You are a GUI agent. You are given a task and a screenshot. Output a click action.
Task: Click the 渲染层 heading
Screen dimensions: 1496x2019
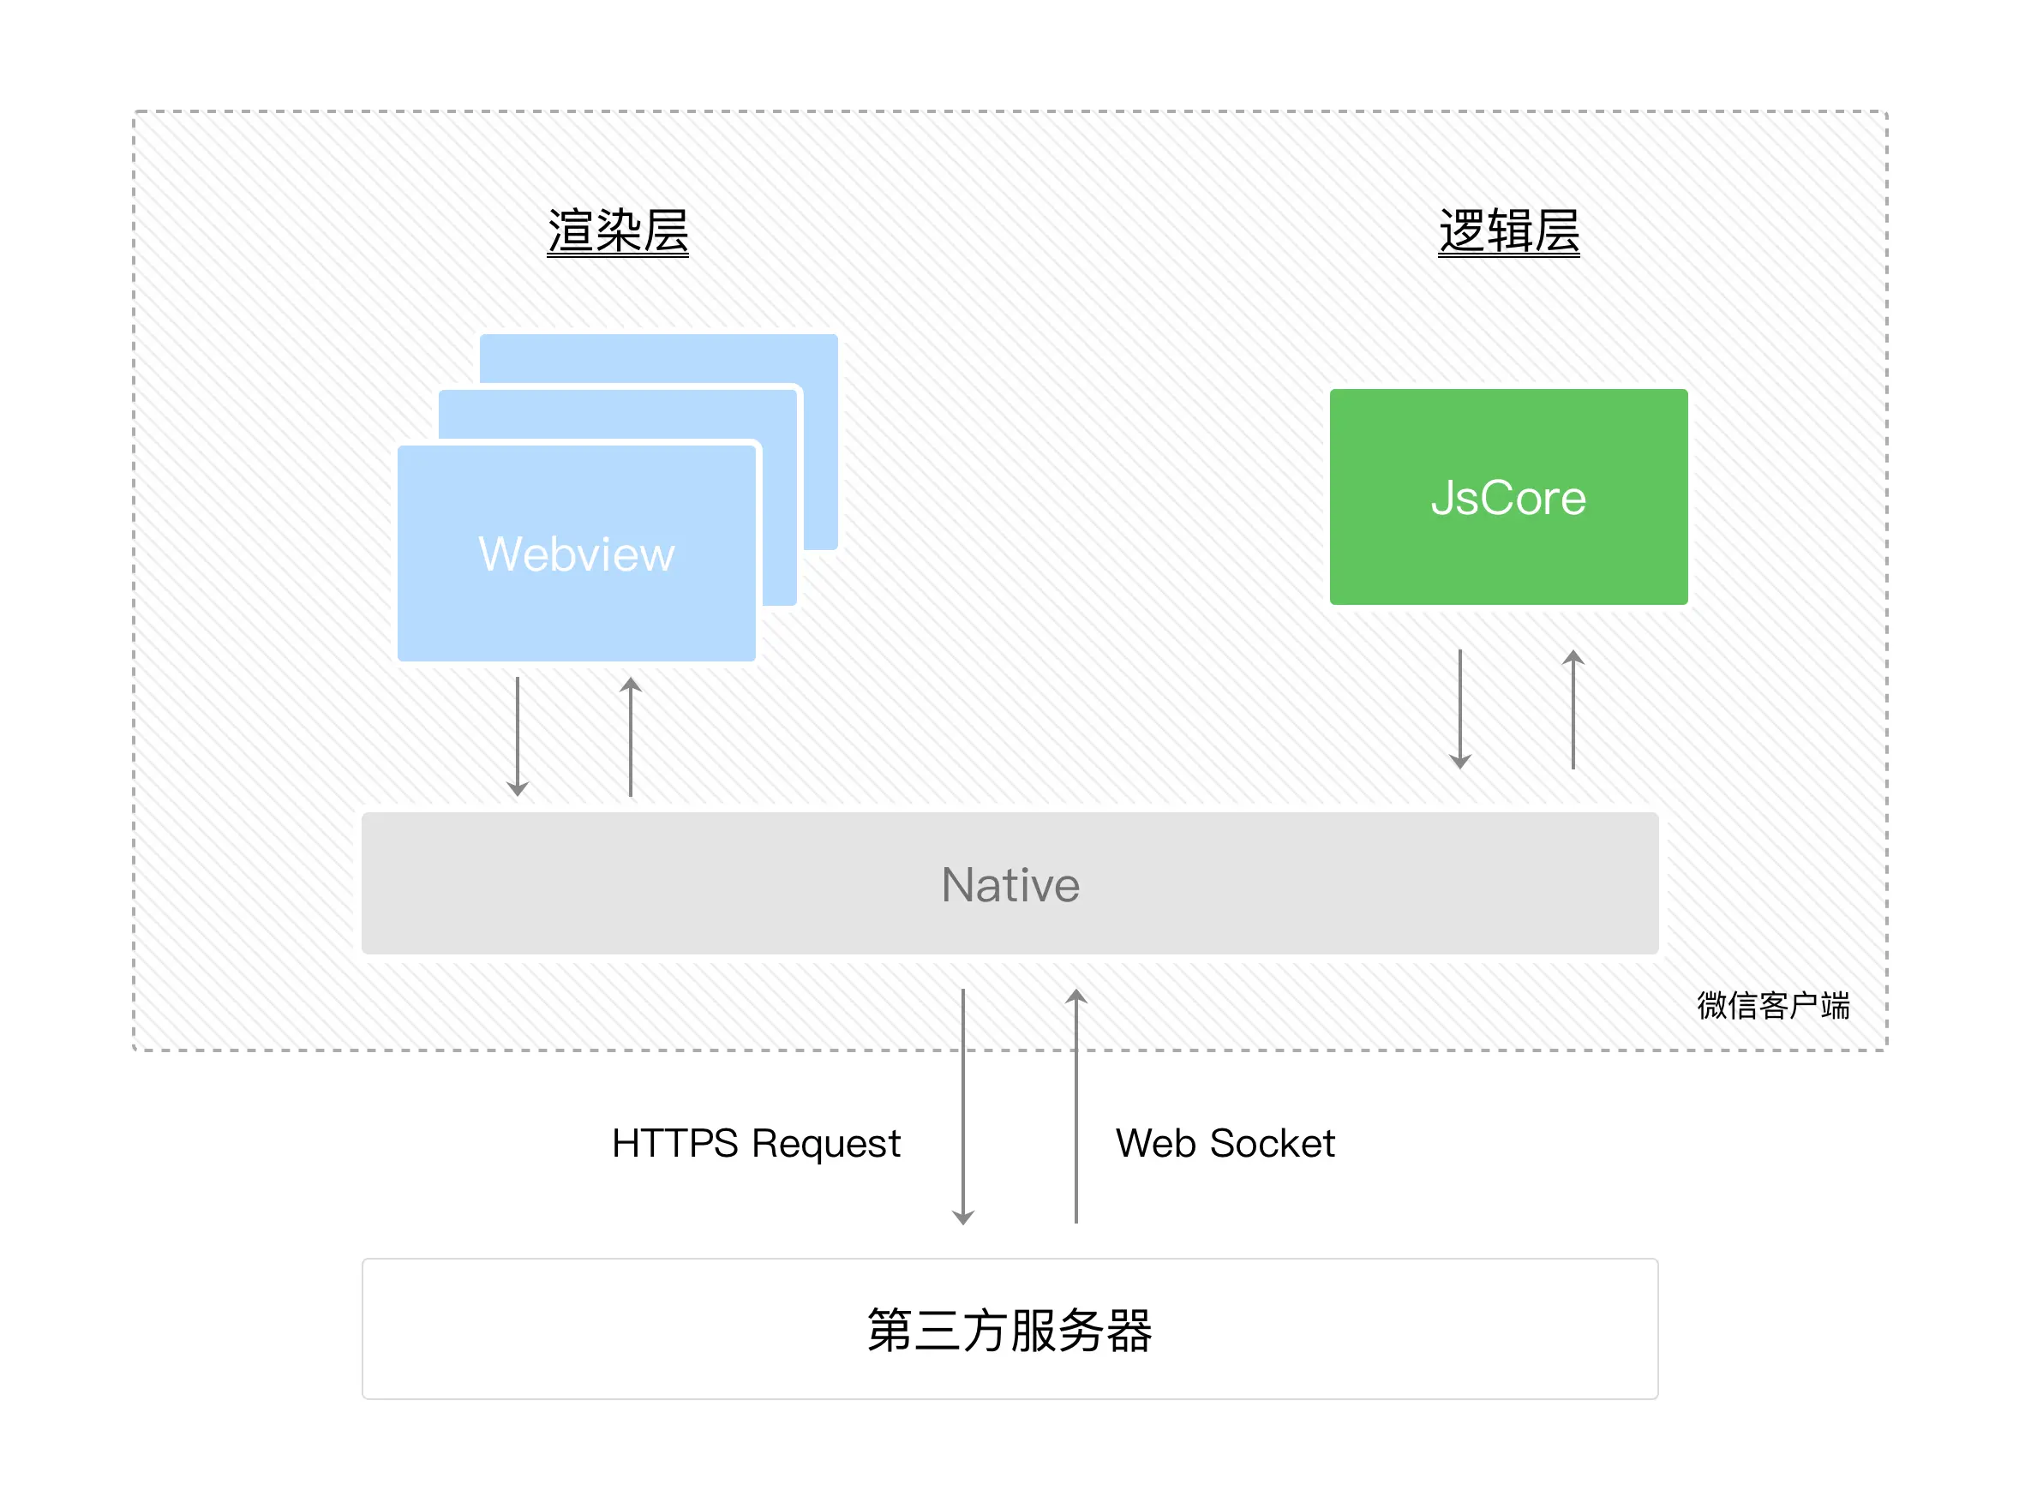618,231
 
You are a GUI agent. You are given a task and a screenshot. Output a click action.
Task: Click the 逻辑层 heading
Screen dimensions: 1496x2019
1509,231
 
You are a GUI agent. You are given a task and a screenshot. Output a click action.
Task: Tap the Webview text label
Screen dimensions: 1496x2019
576,554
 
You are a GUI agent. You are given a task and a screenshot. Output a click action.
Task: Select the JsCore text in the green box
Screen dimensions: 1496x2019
1508,497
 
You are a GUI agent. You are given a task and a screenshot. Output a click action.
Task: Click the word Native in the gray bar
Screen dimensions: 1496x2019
1010,884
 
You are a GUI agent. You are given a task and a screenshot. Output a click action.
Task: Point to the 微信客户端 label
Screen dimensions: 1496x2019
1773,1005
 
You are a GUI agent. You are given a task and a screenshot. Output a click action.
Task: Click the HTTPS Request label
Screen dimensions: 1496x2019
756,1143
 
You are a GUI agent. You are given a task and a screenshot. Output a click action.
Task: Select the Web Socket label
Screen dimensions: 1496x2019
1225,1143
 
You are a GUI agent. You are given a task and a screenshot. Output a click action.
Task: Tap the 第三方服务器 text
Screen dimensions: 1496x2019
1009,1330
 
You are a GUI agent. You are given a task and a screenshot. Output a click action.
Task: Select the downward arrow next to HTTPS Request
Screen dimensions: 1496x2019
963,1104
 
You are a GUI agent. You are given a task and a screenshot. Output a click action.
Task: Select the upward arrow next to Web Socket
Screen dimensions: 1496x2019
1076,1104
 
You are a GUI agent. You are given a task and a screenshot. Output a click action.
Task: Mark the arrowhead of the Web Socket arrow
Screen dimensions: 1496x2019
1076,996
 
